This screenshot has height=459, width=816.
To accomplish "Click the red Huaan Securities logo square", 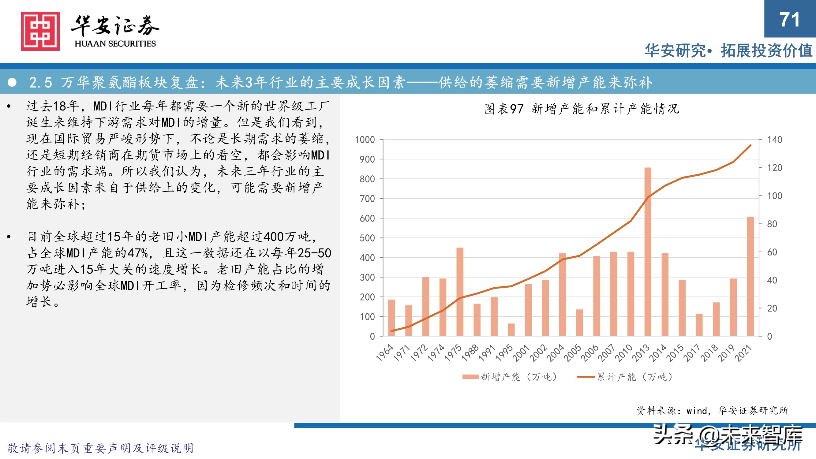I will [40, 31].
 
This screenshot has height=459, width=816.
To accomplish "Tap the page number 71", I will [789, 20].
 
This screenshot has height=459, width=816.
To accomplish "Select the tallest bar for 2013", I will [648, 252].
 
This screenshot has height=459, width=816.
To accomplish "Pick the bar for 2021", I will [750, 276].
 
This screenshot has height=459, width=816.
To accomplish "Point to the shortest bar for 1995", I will [511, 330].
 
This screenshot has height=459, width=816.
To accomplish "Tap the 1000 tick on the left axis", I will [365, 140].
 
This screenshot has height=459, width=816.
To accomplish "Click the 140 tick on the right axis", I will [774, 140].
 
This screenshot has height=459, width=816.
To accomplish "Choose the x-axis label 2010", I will [624, 352].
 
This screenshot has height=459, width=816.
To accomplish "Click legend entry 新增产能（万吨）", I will [510, 377].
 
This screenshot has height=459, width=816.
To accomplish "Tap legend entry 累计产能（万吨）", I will [626, 377].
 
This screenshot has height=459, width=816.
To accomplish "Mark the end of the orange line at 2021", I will [750, 145].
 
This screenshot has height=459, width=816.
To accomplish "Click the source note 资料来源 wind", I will [712, 411].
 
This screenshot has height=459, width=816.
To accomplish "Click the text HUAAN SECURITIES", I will [115, 43].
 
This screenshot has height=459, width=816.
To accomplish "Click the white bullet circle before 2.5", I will [12, 82].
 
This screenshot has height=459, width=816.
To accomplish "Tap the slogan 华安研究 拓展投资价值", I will [728, 51].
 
